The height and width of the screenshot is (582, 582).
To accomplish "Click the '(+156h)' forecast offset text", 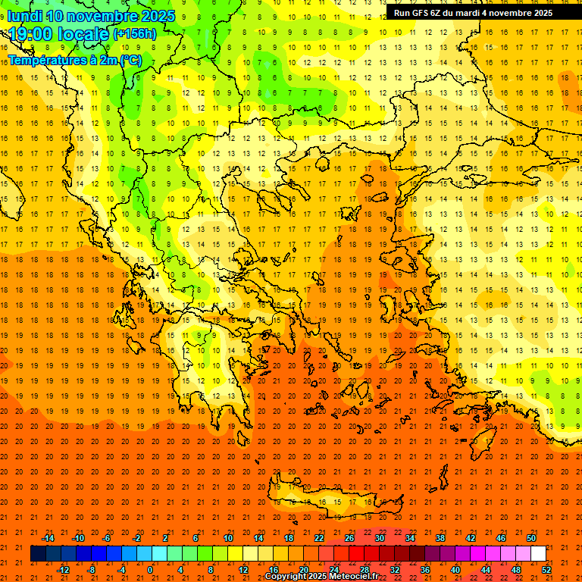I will point(134,34).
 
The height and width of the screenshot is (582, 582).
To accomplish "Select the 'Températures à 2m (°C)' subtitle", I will point(74,60).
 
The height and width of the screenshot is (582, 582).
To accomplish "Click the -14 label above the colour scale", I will point(48,538).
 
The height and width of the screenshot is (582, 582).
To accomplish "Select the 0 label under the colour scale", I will point(149,570).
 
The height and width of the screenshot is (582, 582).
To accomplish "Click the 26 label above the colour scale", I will point(349,538).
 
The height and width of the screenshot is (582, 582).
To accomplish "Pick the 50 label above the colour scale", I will point(531,538).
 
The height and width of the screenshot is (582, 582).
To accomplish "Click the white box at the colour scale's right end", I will point(538,554).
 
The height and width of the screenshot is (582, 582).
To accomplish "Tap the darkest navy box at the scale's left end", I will point(38,554).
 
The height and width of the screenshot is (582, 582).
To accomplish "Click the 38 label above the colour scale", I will point(440,538).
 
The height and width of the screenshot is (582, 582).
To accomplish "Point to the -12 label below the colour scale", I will point(63,570).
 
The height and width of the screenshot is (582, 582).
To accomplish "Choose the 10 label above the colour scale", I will point(228,538).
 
